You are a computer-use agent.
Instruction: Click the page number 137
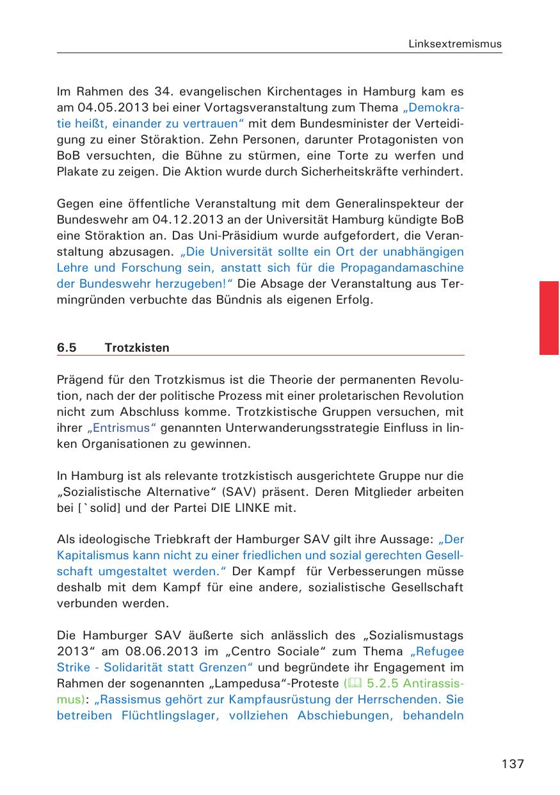pos(513,764)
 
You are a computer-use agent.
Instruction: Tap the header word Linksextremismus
pos(456,44)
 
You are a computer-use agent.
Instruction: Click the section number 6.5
pos(67,348)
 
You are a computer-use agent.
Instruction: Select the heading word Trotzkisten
pos(137,348)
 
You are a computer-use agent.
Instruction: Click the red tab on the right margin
pos(549,317)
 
